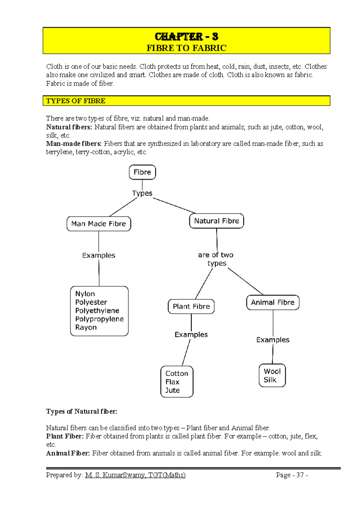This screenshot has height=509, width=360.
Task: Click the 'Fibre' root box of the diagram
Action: tap(142, 172)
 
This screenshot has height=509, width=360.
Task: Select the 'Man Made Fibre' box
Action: tap(98, 224)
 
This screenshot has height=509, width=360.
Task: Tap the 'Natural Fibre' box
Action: tap(216, 221)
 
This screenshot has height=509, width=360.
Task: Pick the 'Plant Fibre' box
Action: tap(191, 306)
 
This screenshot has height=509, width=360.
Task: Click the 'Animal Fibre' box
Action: tap(273, 302)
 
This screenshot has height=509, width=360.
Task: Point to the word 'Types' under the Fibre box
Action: tap(142, 193)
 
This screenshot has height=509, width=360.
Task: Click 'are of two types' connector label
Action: tap(216, 259)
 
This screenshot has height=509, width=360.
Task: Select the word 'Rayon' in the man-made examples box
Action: tap(86, 327)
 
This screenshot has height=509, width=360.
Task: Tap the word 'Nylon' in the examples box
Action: tap(85, 294)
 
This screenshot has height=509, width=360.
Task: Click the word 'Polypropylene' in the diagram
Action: tap(99, 319)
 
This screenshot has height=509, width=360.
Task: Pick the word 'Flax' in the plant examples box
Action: tap(172, 382)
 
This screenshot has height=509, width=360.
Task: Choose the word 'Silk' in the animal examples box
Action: tap(270, 380)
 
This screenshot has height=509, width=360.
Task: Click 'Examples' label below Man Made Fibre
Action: tap(99, 255)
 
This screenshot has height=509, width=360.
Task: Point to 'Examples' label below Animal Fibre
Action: tap(273, 340)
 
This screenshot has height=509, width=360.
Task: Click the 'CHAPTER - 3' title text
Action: tap(186, 37)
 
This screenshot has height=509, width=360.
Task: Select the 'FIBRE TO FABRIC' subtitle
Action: tap(186, 48)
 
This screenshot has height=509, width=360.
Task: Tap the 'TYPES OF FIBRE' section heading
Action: tap(76, 101)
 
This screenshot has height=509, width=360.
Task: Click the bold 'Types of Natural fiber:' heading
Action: tap(82, 411)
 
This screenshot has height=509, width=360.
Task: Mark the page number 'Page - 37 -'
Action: tap(292, 475)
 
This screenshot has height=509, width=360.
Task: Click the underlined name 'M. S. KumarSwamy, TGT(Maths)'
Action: tap(135, 475)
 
